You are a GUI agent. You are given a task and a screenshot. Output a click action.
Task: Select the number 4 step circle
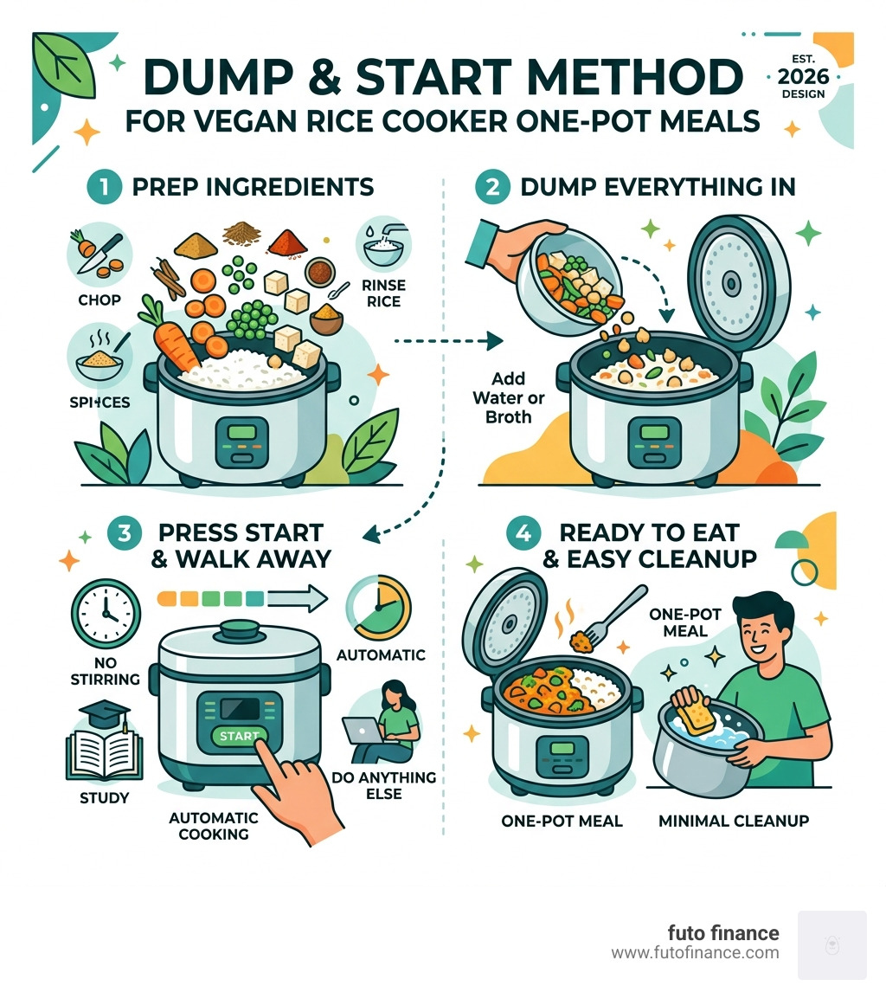(x=522, y=533)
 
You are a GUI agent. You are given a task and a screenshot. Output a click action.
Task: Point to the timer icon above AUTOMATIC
(x=374, y=609)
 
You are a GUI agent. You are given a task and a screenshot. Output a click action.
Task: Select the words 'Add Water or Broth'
(x=510, y=399)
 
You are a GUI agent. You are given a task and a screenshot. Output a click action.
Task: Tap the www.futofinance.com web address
(x=695, y=953)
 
